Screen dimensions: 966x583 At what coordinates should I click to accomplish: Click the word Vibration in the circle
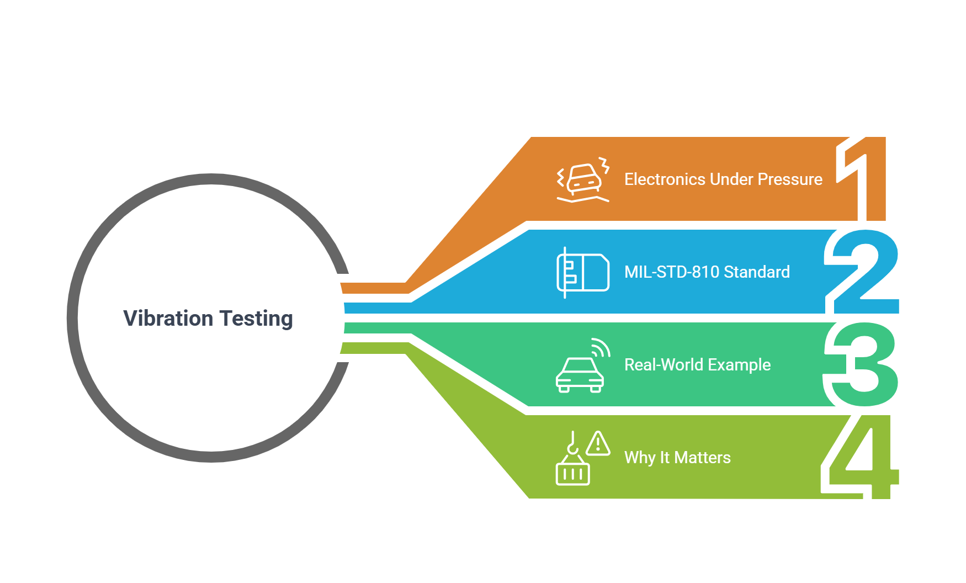tap(168, 319)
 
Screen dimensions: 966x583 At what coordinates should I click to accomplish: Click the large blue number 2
tap(862, 272)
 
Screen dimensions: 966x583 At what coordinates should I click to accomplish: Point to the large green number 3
tap(861, 365)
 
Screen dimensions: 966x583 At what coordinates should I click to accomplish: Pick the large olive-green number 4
tap(860, 458)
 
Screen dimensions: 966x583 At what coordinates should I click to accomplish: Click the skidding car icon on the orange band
tap(583, 180)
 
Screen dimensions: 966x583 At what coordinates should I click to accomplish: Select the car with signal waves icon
tap(583, 365)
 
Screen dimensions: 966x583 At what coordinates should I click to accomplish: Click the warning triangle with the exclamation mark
tap(598, 443)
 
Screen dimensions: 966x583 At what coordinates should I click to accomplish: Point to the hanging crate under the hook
tap(573, 473)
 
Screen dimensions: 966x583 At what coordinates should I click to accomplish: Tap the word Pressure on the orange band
tap(790, 179)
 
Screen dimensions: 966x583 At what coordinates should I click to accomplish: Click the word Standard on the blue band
tap(757, 272)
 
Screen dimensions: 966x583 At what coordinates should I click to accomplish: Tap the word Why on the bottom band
tap(640, 458)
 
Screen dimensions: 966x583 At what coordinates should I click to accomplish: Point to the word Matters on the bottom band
tap(703, 458)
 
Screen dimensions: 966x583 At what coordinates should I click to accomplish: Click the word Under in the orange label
tap(731, 179)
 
